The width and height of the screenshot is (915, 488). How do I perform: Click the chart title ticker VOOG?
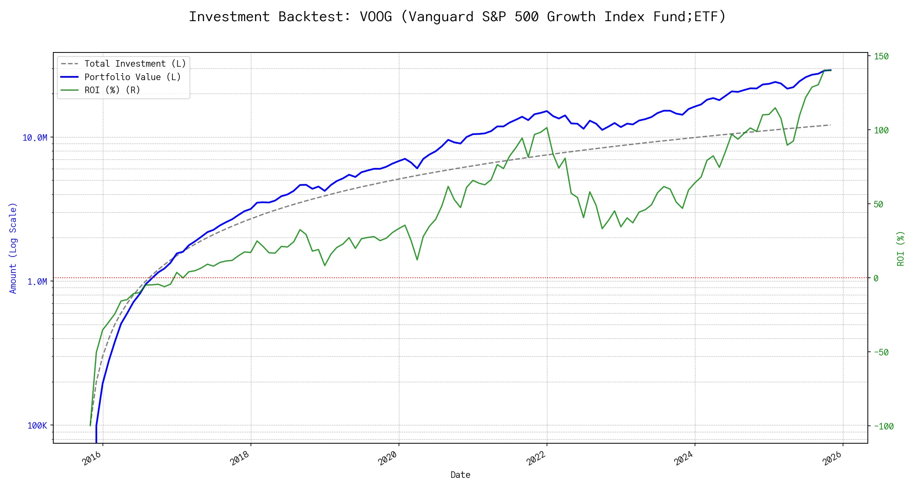(x=376, y=17)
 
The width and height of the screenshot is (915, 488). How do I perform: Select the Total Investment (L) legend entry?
(x=135, y=64)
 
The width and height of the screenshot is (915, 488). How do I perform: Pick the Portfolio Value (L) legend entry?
(x=132, y=77)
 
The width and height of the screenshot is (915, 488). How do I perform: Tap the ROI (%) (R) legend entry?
(x=112, y=90)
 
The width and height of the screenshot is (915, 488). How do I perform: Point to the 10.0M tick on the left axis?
(x=35, y=137)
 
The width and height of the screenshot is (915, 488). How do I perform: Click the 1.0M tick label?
(x=37, y=281)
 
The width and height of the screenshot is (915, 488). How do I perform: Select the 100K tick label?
(x=37, y=425)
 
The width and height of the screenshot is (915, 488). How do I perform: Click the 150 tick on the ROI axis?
(x=881, y=56)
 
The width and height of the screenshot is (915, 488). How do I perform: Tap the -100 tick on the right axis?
(x=883, y=426)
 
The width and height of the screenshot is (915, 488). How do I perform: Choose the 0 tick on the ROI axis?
(x=876, y=278)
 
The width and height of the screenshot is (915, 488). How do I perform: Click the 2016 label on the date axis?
(x=91, y=459)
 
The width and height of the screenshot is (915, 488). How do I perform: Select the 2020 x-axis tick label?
(x=388, y=459)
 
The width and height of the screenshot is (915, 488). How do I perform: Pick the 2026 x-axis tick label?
(x=832, y=459)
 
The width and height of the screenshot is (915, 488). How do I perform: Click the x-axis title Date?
(x=460, y=475)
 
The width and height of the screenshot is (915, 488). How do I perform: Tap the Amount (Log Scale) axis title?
(x=13, y=248)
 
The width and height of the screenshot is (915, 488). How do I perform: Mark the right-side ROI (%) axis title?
(x=901, y=248)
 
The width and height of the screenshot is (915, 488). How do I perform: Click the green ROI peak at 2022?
(x=547, y=128)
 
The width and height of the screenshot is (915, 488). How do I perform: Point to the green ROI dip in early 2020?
(x=417, y=259)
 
